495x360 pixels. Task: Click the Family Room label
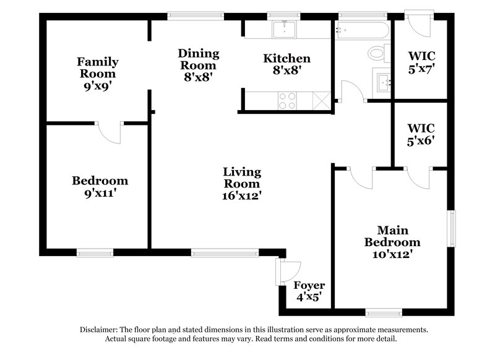pyautogui.click(x=97, y=74)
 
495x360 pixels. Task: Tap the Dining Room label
pyautogui.click(x=197, y=65)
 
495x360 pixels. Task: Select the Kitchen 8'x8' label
pyautogui.click(x=286, y=65)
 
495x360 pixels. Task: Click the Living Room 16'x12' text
pyautogui.click(x=242, y=184)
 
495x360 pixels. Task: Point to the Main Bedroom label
pyautogui.click(x=392, y=242)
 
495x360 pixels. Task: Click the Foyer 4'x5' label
pyautogui.click(x=309, y=291)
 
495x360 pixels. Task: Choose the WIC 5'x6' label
pyautogui.click(x=421, y=134)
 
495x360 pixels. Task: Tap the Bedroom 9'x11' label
pyautogui.click(x=100, y=187)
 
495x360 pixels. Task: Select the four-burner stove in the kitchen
pyautogui.click(x=287, y=100)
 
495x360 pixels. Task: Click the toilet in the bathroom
pyautogui.click(x=376, y=54)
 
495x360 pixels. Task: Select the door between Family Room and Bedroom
pyautogui.click(x=113, y=131)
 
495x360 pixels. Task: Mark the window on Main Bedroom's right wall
pyautogui.click(x=452, y=229)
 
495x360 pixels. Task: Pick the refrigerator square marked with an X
pyautogui.click(x=321, y=100)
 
